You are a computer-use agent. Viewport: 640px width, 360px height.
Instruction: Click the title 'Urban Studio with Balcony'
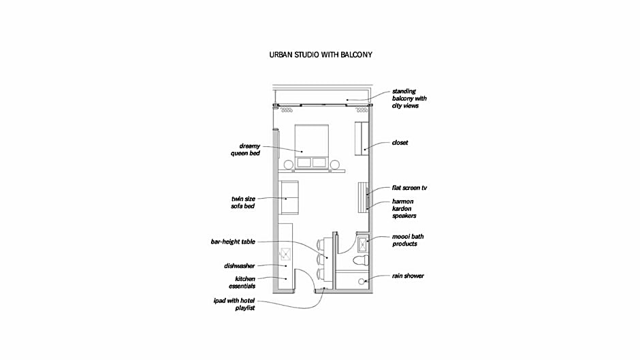pyautogui.click(x=321, y=54)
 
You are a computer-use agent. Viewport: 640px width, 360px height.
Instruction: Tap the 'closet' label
pyautogui.click(x=400, y=143)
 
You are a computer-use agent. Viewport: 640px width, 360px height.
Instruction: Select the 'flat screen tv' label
pyautogui.click(x=409, y=188)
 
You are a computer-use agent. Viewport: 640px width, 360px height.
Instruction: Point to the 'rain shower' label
pyautogui.click(x=408, y=276)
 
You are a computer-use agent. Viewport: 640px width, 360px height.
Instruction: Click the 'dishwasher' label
pyautogui.click(x=239, y=266)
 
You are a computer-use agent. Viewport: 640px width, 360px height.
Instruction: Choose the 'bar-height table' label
pyautogui.click(x=233, y=242)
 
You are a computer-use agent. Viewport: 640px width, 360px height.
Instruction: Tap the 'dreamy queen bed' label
pyautogui.click(x=245, y=150)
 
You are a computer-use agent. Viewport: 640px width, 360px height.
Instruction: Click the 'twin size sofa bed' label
pyautogui.click(x=243, y=202)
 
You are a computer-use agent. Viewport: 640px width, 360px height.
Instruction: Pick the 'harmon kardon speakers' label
pyautogui.click(x=404, y=208)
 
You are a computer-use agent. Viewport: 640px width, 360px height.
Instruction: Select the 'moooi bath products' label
pyautogui.click(x=408, y=240)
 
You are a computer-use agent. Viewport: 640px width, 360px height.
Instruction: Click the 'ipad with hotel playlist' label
pyautogui.click(x=234, y=304)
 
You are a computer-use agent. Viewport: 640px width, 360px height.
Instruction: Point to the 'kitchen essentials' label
pyautogui.click(x=242, y=282)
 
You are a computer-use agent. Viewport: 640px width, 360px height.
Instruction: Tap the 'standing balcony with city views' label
pyautogui.click(x=409, y=99)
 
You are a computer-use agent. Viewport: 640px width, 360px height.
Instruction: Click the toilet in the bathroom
pyautogui.click(x=361, y=260)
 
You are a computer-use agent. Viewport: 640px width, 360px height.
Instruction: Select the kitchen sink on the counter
pyautogui.click(x=286, y=255)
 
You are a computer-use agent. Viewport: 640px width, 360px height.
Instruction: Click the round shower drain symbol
pyautogui.click(x=362, y=282)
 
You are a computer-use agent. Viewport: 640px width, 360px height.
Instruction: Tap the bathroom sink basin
pyautogui.click(x=363, y=245)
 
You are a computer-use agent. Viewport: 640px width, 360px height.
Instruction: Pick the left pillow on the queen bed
pyautogui.click(x=304, y=163)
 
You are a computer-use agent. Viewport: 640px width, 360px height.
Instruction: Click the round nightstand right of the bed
pyautogui.click(x=335, y=165)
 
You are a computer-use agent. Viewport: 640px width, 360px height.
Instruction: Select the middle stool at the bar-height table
pyautogui.click(x=321, y=259)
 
